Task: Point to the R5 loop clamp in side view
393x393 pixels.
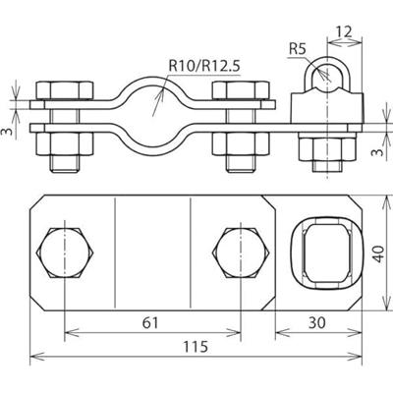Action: [x=317, y=79]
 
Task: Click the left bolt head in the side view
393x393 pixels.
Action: [x=65, y=91]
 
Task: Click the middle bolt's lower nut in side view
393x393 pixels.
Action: [x=239, y=146]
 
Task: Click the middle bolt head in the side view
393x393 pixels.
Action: [x=239, y=91]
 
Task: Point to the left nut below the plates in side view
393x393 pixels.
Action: [x=65, y=146]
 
